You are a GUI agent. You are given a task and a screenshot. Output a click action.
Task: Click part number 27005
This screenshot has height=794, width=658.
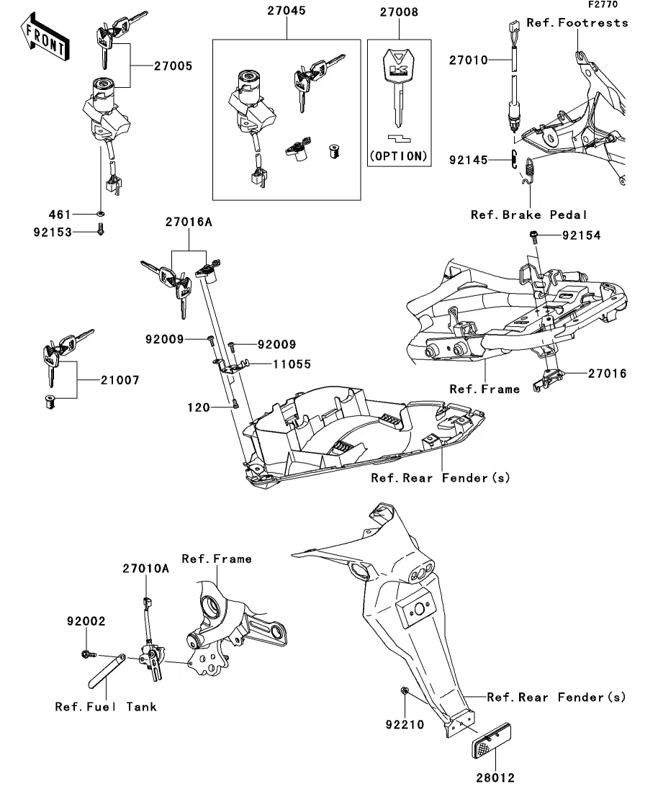point(172,66)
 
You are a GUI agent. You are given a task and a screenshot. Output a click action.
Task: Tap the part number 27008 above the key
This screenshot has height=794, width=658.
point(399,12)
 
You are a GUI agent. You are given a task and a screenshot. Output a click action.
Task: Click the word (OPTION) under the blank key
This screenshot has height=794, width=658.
point(398,155)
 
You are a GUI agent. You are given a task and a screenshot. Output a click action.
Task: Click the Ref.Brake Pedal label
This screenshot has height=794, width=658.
point(529,215)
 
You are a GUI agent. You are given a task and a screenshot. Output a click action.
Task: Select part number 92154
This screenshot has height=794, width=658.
point(581,235)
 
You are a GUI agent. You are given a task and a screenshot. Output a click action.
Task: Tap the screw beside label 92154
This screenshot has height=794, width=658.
point(533,235)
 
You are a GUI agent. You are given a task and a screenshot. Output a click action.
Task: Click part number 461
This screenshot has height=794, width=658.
point(60,215)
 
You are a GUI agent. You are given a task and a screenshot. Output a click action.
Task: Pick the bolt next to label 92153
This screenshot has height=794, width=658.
point(100,231)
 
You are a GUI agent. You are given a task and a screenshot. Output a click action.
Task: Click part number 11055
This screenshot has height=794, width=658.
point(292,364)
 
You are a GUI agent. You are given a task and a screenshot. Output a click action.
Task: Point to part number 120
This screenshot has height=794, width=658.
point(198,408)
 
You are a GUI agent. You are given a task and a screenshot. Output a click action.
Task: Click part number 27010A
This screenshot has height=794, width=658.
point(145,568)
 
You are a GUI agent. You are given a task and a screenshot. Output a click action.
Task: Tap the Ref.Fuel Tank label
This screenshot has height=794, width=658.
point(106,706)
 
